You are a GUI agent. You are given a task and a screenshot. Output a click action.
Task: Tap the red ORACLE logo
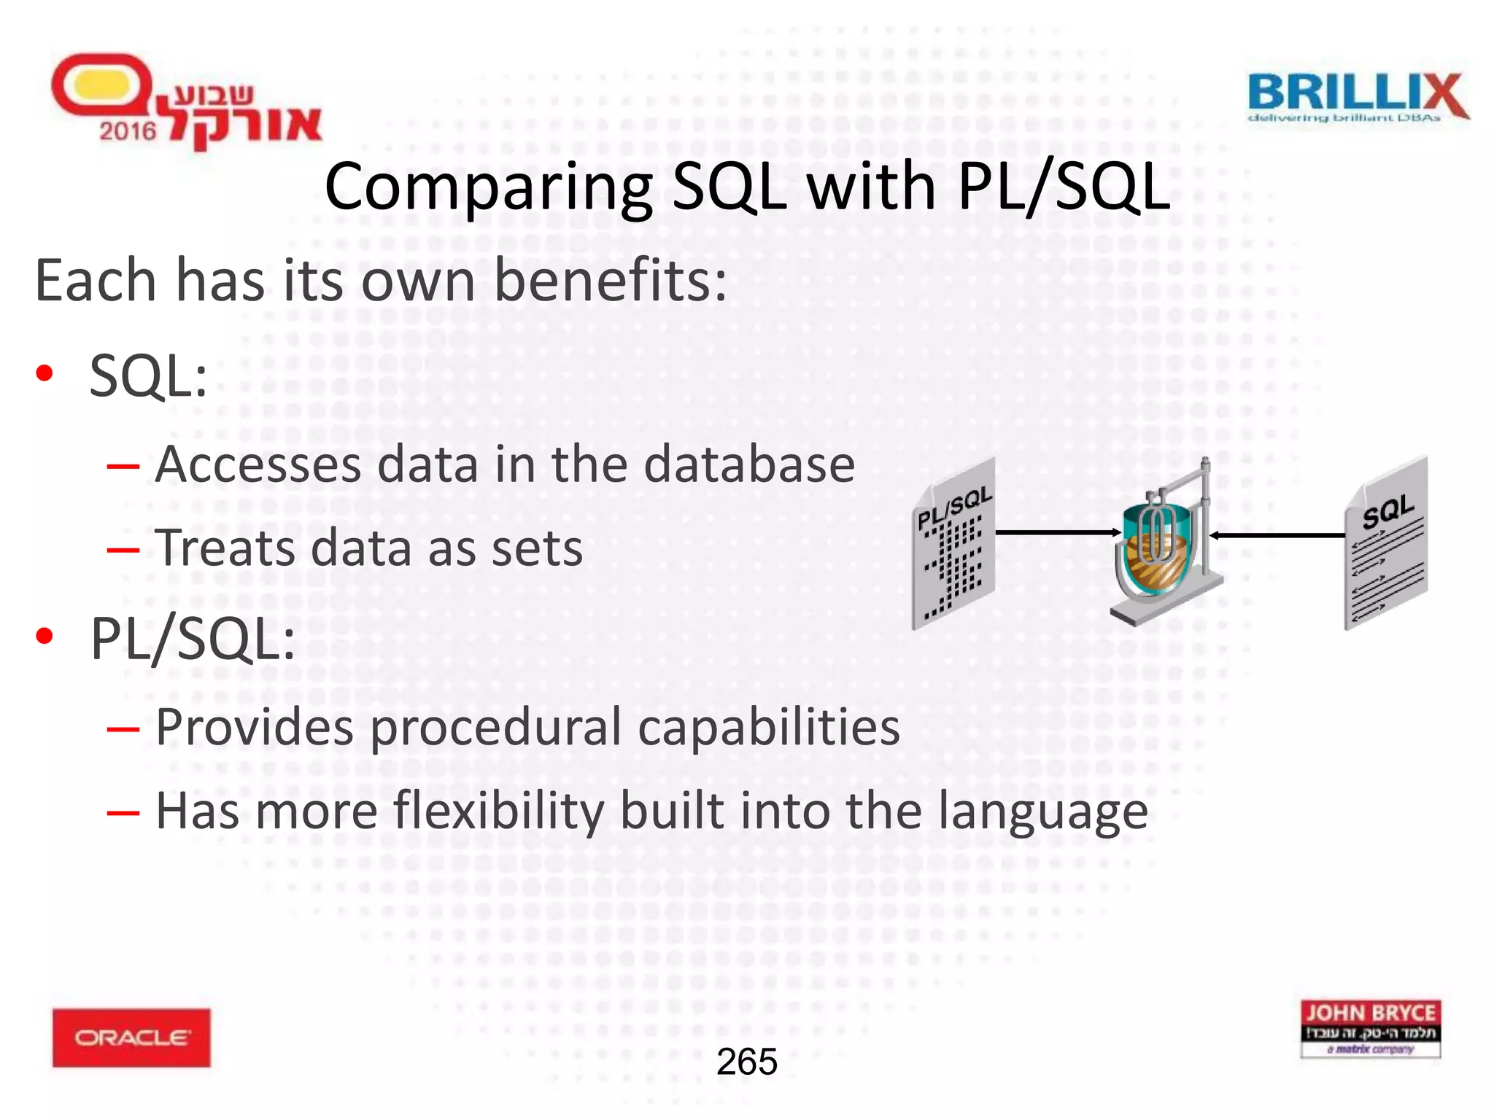click(x=131, y=1037)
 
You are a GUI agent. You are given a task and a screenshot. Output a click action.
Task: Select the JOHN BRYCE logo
click(x=1371, y=1028)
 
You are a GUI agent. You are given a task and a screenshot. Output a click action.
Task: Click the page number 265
click(x=747, y=1062)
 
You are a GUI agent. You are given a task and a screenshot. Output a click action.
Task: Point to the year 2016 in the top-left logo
click(x=128, y=131)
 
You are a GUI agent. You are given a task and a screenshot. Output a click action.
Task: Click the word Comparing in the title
click(x=487, y=187)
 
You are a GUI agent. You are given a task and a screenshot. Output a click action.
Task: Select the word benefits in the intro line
click(x=610, y=281)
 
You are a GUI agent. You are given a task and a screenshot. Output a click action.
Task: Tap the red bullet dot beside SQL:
click(x=44, y=373)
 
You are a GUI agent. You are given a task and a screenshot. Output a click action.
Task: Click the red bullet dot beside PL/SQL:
click(x=44, y=636)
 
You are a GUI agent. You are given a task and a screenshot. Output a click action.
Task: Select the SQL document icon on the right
click(x=1386, y=543)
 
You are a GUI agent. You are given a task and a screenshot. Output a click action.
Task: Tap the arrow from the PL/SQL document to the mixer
click(x=1058, y=532)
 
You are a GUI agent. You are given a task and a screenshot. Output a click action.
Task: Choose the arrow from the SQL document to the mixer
click(x=1277, y=535)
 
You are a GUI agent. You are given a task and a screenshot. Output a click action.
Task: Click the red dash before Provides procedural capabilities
click(x=123, y=728)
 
